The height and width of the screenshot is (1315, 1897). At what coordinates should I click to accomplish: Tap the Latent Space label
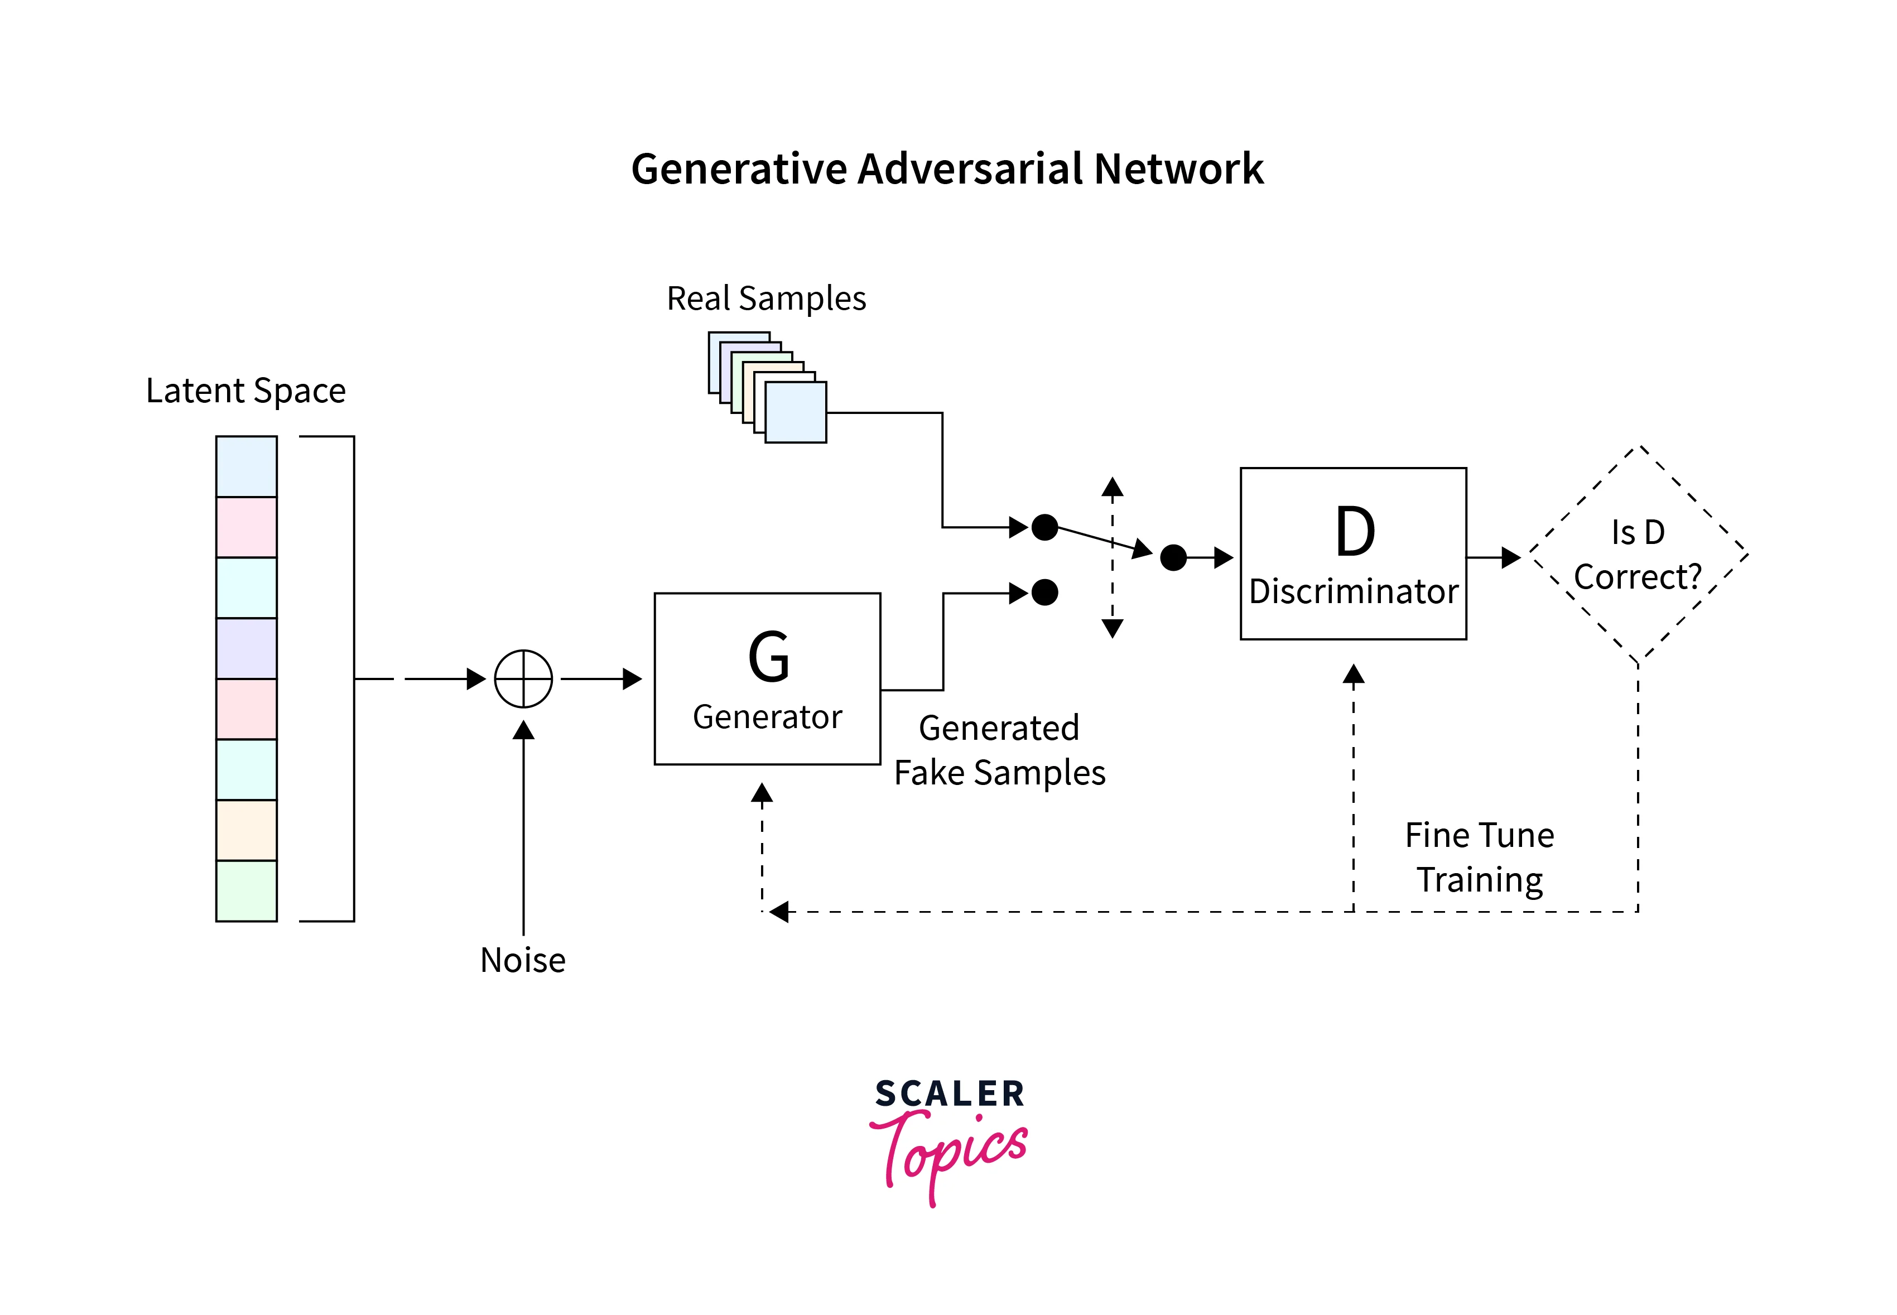coord(245,391)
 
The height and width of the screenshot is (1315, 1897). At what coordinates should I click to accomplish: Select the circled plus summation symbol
coord(523,679)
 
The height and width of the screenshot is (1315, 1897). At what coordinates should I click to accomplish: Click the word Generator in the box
coord(767,717)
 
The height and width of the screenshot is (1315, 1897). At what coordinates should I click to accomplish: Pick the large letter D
coord(1354,532)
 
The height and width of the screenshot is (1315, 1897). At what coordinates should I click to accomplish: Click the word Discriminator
coord(1353,591)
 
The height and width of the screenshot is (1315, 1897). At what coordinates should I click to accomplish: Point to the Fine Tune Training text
coord(1479,857)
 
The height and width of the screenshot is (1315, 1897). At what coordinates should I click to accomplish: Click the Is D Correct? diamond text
coord(1638,555)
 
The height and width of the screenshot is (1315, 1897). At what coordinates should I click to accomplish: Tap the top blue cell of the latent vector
coord(247,466)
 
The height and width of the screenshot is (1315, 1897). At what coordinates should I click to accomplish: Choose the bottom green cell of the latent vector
coord(247,890)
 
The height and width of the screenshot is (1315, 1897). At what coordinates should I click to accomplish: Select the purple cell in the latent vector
coord(247,648)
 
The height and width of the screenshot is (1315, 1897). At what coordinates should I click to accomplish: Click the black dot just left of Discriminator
coord(1173,558)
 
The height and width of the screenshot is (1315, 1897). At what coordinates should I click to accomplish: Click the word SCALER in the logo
coord(949,1094)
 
